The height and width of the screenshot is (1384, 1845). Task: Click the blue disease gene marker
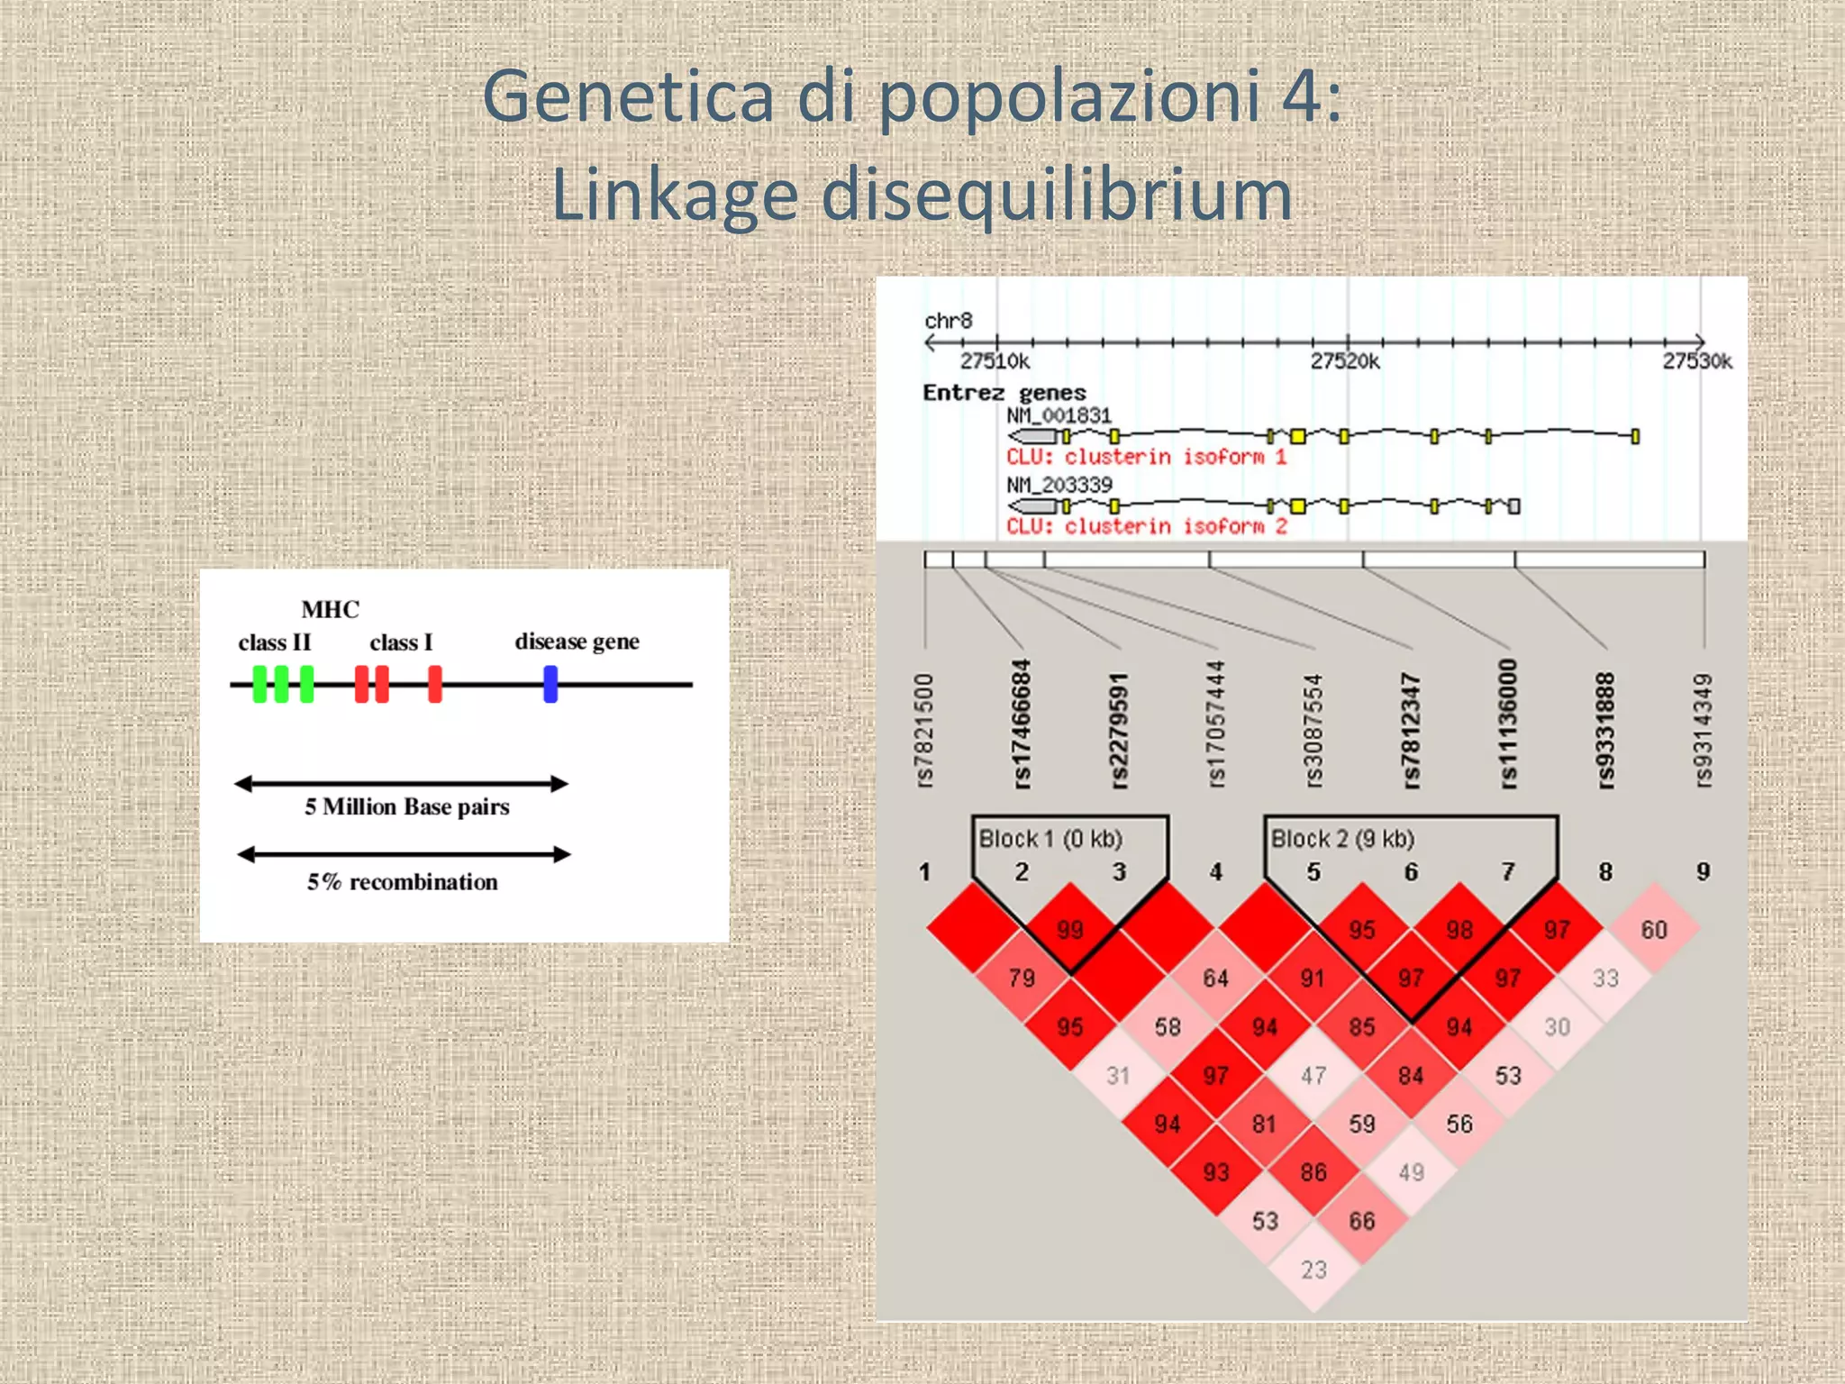pos(550,684)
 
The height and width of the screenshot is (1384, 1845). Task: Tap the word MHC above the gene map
pos(330,610)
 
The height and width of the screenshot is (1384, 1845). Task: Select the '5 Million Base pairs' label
pos(406,806)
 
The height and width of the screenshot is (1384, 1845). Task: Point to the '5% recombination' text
pos(402,882)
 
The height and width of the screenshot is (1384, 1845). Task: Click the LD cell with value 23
pos(1313,1270)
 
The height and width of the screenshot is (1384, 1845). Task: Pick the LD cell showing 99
pos(1070,930)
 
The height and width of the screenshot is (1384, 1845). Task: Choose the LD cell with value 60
pos(1654,930)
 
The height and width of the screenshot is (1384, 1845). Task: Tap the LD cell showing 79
pos(1022,979)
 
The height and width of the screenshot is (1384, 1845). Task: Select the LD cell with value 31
pos(1118,1076)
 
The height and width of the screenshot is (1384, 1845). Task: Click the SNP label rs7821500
pos(925,731)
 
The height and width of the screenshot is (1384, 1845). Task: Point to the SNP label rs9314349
pos(1703,731)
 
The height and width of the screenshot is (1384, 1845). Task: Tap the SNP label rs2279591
pos(1119,731)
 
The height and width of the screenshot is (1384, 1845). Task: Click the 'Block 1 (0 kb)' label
pos(1050,839)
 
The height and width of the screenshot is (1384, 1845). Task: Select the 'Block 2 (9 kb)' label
pos(1342,839)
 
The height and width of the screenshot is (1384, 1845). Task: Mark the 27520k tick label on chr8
pos(1345,361)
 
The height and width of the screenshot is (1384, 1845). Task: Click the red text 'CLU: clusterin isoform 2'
pos(1147,526)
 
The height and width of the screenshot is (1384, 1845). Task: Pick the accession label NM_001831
pos(1059,415)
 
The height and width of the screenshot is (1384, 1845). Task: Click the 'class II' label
pos(275,642)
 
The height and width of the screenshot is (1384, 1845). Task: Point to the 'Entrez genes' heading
pos(1004,393)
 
